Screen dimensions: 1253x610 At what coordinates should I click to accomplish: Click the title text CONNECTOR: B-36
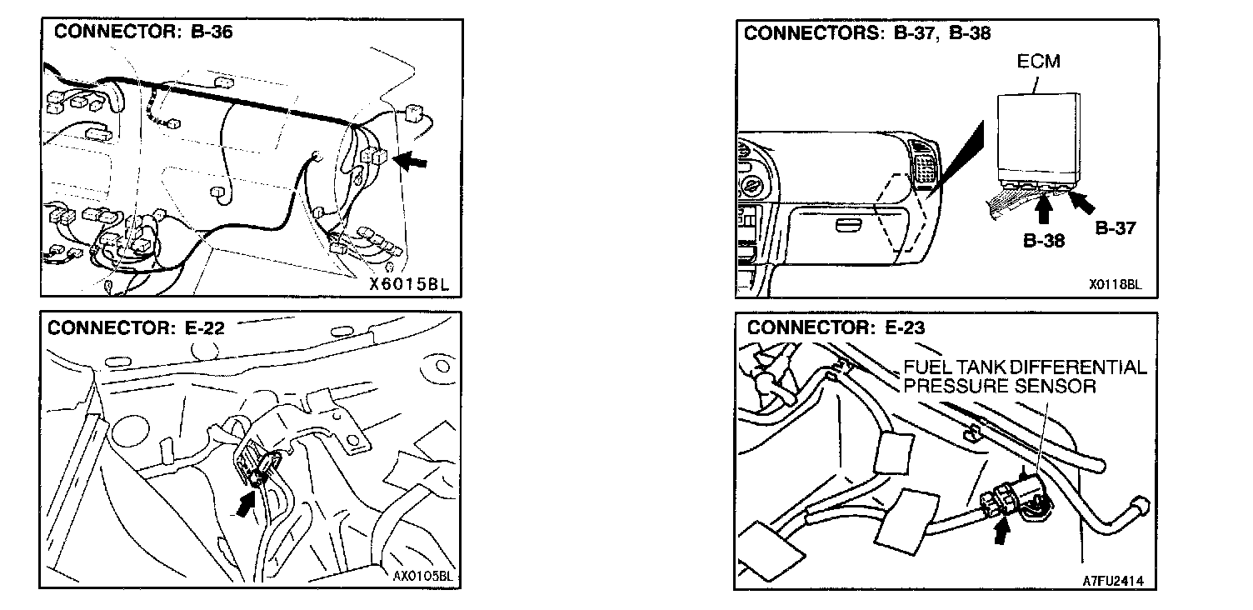pyautogui.click(x=143, y=32)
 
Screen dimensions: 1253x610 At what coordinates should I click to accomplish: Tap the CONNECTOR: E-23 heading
pyautogui.click(x=836, y=327)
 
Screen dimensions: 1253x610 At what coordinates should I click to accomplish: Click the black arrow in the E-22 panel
pyautogui.click(x=246, y=503)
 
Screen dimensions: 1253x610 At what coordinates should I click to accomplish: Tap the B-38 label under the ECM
pyautogui.click(x=1044, y=240)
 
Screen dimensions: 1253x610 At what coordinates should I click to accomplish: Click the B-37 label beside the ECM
pyautogui.click(x=1115, y=227)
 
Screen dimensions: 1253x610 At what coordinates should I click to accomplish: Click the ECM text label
pyautogui.click(x=1038, y=62)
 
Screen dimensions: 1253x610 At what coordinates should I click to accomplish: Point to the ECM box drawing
pyautogui.click(x=1039, y=137)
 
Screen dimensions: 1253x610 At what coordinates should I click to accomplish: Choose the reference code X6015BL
pyautogui.click(x=410, y=283)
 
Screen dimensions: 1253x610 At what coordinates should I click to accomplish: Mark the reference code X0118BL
pyautogui.click(x=1115, y=284)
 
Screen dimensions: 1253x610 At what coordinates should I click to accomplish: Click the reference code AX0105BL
pyautogui.click(x=421, y=575)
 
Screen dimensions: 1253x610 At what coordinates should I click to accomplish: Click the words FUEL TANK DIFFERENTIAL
pyautogui.click(x=1025, y=367)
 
